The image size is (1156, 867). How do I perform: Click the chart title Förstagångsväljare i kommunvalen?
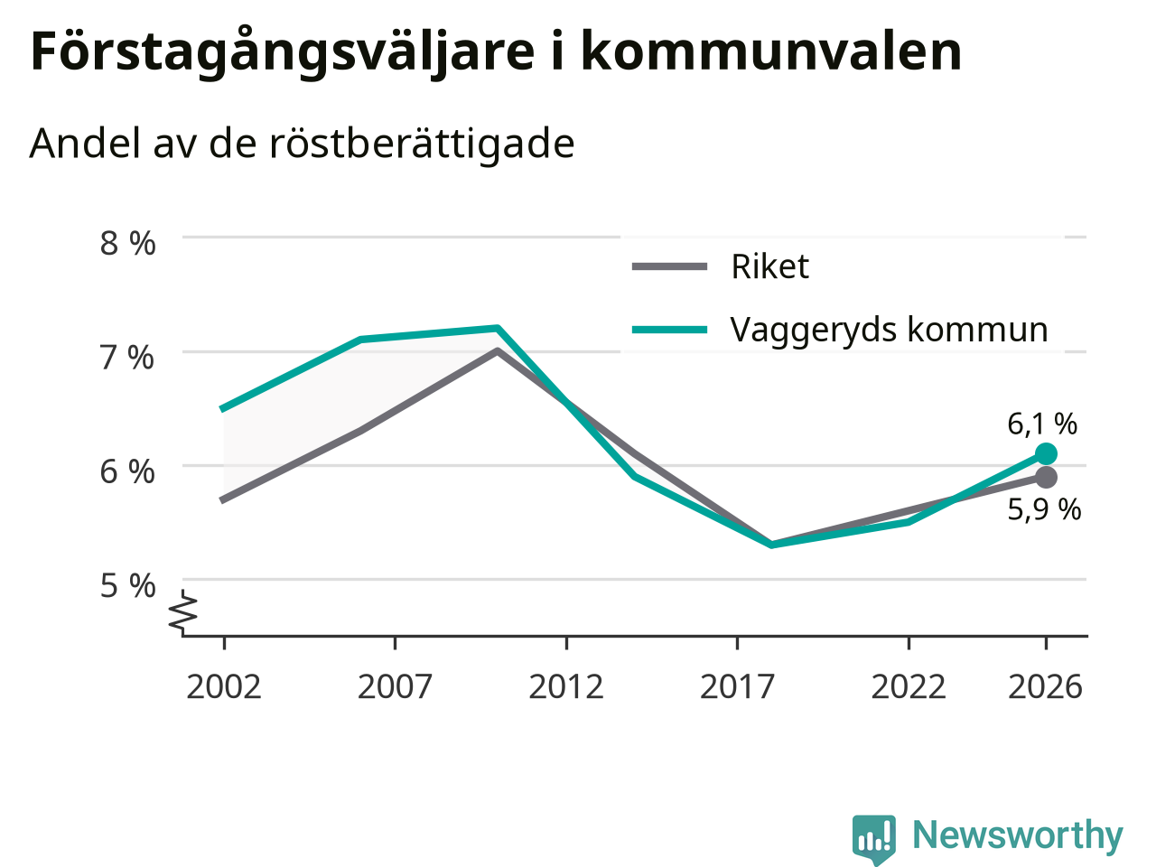(496, 52)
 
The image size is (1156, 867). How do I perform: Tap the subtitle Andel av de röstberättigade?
(302, 144)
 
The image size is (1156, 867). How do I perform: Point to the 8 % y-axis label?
(128, 243)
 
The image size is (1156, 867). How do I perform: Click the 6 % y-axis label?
(127, 471)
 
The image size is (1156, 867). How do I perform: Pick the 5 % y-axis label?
(128, 585)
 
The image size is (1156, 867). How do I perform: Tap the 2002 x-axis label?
(224, 687)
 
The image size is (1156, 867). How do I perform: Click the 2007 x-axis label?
(395, 687)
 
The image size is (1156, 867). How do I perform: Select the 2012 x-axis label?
(566, 687)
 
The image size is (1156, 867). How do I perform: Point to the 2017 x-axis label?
(737, 687)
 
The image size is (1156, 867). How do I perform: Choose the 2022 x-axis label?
(909, 687)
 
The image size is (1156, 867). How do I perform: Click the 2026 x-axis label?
(1046, 687)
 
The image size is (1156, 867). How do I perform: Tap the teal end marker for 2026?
(1046, 453)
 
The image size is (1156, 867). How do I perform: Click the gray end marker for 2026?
(1046, 478)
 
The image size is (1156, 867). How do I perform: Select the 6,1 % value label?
(1042, 424)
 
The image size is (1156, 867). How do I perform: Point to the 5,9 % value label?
(1044, 509)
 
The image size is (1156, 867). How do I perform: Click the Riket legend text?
(770, 266)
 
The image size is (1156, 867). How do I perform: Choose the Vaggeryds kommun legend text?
(890, 331)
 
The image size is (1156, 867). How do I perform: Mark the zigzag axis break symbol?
(182, 611)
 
